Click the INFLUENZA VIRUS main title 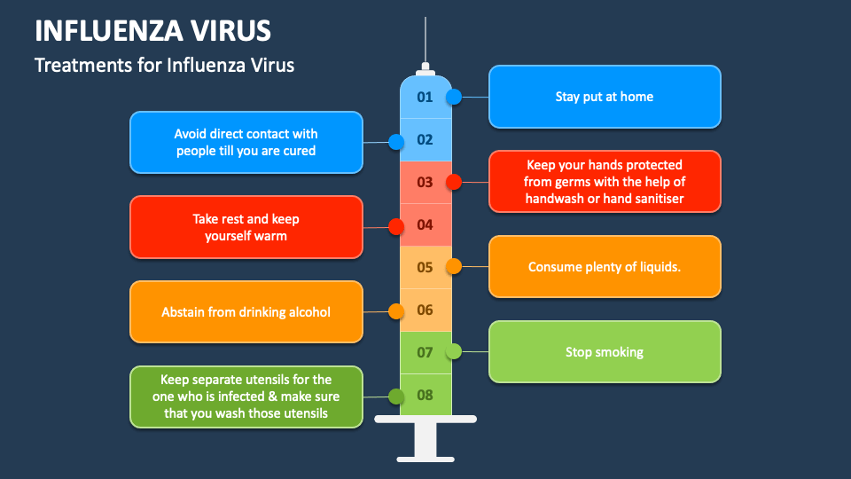click(x=153, y=30)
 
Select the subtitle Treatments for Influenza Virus click(x=164, y=65)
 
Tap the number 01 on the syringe click(x=425, y=97)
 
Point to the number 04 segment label click(x=425, y=225)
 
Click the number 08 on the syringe click(x=425, y=396)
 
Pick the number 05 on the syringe click(x=425, y=267)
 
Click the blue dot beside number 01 click(x=454, y=97)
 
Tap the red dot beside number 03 click(x=454, y=182)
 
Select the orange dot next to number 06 click(x=396, y=310)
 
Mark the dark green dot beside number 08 click(x=396, y=396)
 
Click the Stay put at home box click(x=605, y=97)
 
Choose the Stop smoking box click(x=605, y=352)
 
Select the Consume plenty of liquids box click(x=605, y=266)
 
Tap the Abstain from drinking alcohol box click(x=246, y=311)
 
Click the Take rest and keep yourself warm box click(x=246, y=227)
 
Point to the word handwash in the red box click(x=555, y=199)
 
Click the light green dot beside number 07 click(x=454, y=352)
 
